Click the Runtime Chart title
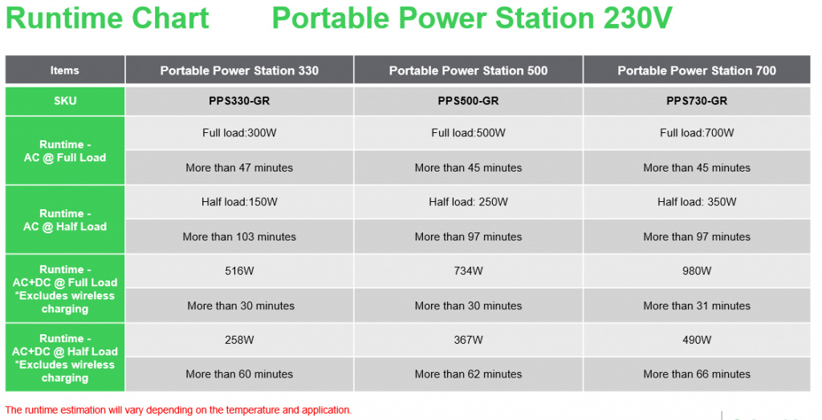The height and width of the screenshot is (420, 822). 108,18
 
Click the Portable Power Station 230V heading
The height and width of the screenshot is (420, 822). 472,18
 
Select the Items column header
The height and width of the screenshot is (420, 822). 65,71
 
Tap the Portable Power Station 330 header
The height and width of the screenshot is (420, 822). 239,71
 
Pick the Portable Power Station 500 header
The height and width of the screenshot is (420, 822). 468,71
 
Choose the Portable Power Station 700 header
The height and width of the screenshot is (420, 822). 697,71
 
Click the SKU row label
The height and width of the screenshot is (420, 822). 65,100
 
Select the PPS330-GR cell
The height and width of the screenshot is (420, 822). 239,100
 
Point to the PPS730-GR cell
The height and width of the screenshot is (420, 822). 697,100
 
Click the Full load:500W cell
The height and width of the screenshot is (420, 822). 468,133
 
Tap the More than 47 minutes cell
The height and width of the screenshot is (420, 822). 239,168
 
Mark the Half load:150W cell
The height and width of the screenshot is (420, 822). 239,202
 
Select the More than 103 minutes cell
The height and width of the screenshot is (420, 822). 239,236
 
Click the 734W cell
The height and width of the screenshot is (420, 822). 468,271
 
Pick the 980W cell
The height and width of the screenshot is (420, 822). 697,271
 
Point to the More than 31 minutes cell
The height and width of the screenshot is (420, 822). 697,305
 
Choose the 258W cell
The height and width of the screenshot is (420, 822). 239,340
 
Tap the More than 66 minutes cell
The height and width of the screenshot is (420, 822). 697,374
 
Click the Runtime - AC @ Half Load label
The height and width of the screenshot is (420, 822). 65,220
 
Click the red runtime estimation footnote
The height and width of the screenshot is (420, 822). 178,410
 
